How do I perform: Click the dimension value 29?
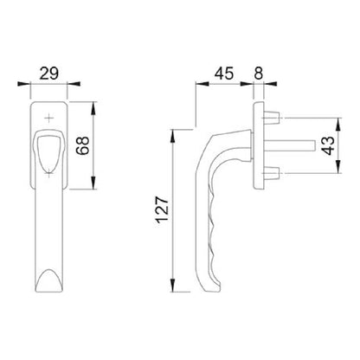[49, 74]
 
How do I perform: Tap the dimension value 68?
[84, 145]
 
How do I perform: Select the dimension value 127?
[163, 209]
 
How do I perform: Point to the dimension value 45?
[224, 74]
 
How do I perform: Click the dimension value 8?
[259, 74]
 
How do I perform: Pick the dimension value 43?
[329, 145]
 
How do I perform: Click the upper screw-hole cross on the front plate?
[49, 118]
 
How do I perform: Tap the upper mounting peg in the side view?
[271, 118]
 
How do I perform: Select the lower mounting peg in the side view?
[271, 173]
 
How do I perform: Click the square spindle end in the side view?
[312, 145]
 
